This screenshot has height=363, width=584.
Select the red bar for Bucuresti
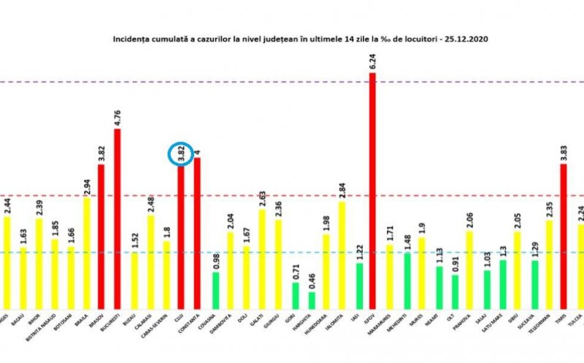(x=117, y=219)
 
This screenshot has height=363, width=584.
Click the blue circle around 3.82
(x=180, y=153)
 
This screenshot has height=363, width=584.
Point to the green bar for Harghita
(x=312, y=300)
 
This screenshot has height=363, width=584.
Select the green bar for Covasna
(x=216, y=290)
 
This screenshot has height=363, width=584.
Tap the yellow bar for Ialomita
(x=342, y=255)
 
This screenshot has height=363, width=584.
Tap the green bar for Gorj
(x=296, y=295)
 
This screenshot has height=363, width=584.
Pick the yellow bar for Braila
(x=85, y=252)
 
